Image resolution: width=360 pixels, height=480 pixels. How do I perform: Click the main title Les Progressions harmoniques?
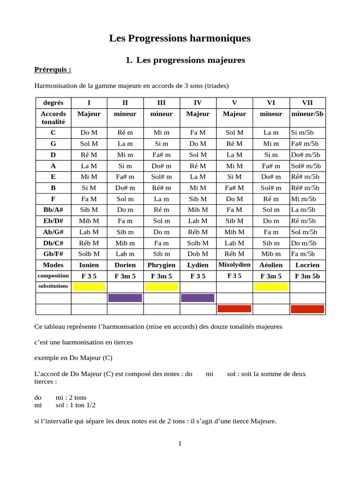tap(180, 38)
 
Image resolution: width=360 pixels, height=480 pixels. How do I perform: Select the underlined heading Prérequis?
tap(53, 70)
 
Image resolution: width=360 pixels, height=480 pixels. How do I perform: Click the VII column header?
tap(307, 103)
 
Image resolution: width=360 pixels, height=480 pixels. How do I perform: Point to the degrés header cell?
tap(53, 103)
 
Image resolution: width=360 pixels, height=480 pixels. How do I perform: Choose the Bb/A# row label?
tap(53, 210)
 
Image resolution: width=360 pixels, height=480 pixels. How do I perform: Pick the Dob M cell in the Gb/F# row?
tap(198, 254)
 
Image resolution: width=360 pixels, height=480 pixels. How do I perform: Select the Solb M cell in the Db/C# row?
tap(198, 243)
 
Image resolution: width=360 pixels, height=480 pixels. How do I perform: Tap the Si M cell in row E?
tap(234, 177)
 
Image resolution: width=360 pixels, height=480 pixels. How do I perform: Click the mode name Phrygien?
tap(161, 265)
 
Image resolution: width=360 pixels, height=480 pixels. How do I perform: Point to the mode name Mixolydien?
tap(234, 265)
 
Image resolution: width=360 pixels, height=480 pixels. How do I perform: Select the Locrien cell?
tap(307, 265)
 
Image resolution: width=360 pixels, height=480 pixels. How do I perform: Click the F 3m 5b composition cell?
tap(307, 276)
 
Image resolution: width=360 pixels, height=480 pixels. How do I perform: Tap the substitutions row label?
tap(53, 286)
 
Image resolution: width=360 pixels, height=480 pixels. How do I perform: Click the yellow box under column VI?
tap(271, 287)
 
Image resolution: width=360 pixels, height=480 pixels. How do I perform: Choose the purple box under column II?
tap(125, 298)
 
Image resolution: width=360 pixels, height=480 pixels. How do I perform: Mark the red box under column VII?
tap(307, 309)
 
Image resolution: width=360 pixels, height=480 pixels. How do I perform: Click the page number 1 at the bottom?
tap(180, 444)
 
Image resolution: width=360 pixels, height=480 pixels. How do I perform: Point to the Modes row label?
tap(53, 265)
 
